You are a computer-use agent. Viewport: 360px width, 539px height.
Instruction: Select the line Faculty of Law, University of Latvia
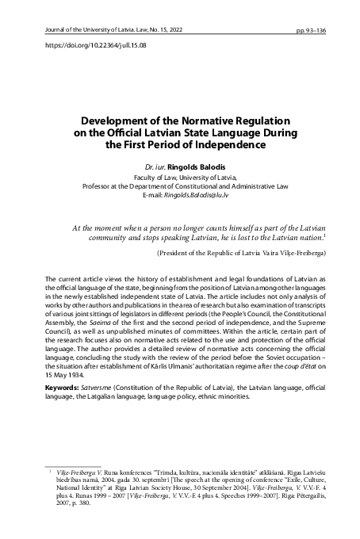pyautogui.click(x=179, y=178)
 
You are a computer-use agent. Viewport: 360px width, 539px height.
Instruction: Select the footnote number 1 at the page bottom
pyautogui.click(x=51, y=471)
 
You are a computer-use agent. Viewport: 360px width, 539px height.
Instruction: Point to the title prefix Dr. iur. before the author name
pyautogui.click(x=155, y=169)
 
